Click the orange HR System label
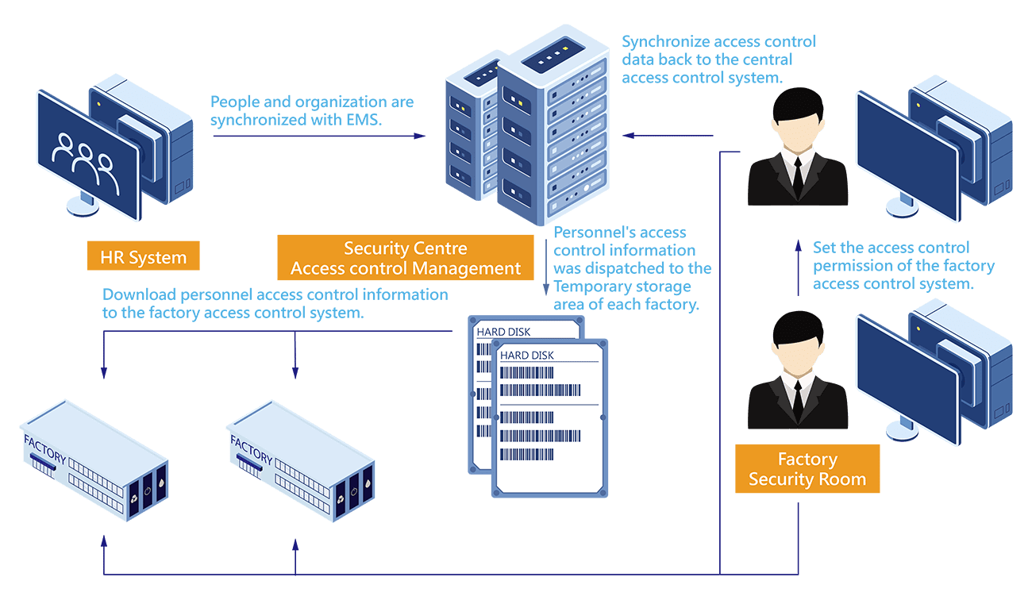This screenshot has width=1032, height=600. tap(143, 256)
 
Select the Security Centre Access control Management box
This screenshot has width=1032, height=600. tap(406, 258)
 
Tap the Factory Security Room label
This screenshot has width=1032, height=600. tap(807, 469)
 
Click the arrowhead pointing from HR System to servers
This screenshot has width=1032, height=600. tap(419, 136)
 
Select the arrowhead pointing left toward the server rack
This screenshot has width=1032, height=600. tap(629, 136)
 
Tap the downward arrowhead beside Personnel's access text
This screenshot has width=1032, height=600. tap(546, 289)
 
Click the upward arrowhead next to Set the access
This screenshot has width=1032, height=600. tap(799, 245)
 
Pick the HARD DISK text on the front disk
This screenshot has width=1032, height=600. tap(526, 355)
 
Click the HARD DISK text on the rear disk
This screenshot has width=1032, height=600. tap(503, 332)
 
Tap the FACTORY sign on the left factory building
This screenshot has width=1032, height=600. tap(44, 449)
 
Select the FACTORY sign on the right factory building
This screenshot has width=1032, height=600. tap(252, 449)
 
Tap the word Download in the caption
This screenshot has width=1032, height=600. tap(139, 294)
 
